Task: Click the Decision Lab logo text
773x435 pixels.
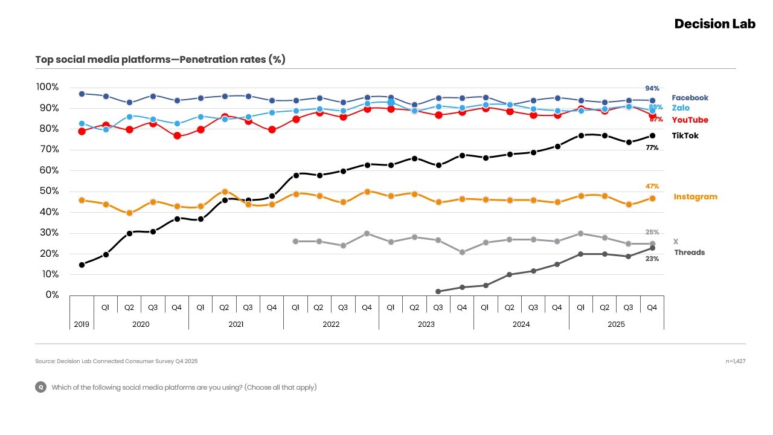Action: pos(714,24)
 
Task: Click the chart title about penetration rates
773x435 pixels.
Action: pos(160,59)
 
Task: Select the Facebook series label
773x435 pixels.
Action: pos(690,98)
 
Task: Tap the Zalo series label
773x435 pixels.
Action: pos(680,108)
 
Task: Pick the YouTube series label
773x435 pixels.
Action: pos(690,120)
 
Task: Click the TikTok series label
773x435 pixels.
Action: pos(685,136)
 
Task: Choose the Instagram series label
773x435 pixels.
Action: pos(695,197)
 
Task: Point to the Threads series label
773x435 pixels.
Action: pos(689,253)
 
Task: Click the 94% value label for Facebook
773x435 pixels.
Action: pos(652,89)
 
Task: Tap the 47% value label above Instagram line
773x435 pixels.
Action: pos(652,187)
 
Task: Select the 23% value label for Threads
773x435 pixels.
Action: pos(652,259)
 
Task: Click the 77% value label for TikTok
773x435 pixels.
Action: pos(652,148)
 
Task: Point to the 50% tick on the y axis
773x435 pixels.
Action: pos(47,192)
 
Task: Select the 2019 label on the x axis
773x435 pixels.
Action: pos(82,324)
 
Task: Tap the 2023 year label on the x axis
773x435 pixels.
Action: pos(426,324)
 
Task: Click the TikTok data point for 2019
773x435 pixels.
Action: pos(82,265)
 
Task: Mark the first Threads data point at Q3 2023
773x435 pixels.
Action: pos(438,291)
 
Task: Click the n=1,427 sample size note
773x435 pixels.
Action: pos(735,361)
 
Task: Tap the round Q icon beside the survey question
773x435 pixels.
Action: pos(40,387)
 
